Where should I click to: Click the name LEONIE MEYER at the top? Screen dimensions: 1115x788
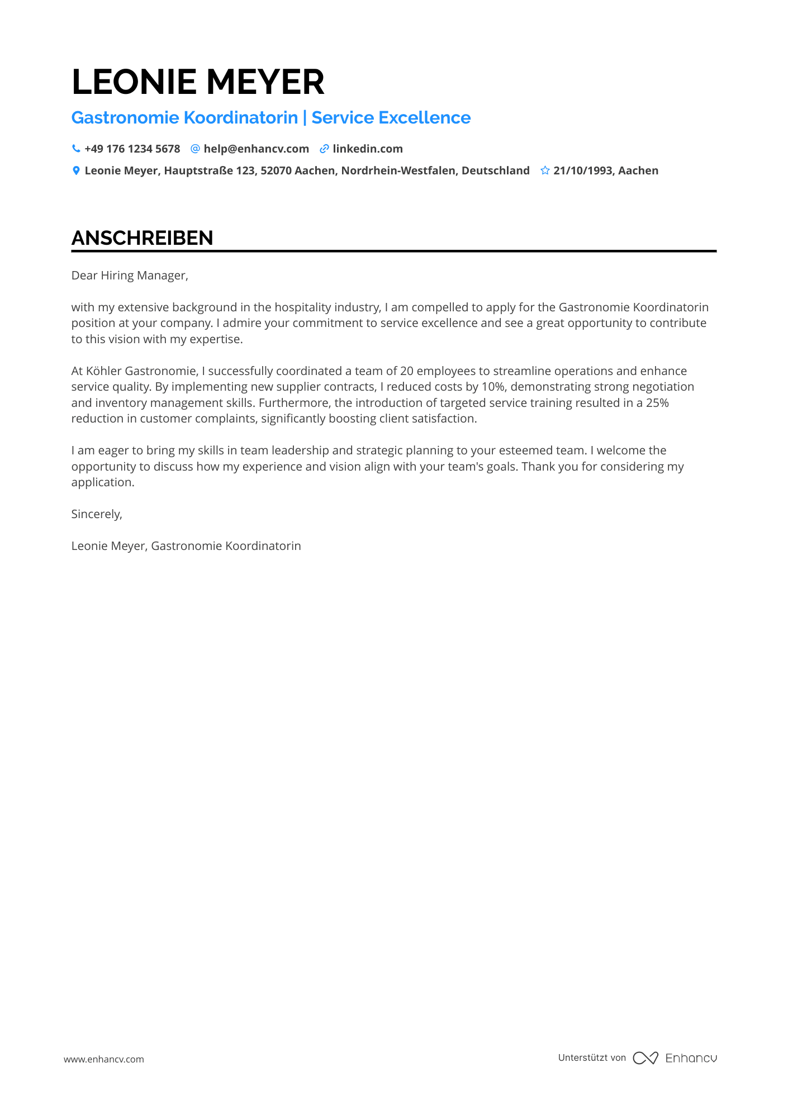click(x=198, y=82)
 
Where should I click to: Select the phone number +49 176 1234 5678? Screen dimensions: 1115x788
click(x=132, y=149)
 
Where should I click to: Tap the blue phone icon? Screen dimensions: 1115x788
click(x=76, y=149)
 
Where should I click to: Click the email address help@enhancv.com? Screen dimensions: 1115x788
click(x=256, y=149)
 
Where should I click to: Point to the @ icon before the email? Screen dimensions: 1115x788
click(x=195, y=149)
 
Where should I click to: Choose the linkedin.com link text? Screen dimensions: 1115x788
click(x=367, y=149)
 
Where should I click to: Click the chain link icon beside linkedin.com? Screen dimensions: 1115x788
click(x=324, y=149)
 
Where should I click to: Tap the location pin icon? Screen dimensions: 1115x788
click(x=76, y=170)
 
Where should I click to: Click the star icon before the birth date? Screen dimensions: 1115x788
click(x=545, y=170)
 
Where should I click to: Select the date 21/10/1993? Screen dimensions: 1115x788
click(x=583, y=170)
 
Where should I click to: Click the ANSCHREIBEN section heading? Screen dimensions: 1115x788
click(x=142, y=238)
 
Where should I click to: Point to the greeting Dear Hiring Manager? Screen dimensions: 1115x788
click(x=129, y=276)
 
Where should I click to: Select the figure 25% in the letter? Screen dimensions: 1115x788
click(x=657, y=403)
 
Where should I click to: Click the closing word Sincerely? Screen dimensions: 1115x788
click(x=96, y=514)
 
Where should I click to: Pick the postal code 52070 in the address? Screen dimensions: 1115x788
click(x=277, y=170)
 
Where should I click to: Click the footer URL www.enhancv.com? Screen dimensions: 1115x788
click(x=103, y=1059)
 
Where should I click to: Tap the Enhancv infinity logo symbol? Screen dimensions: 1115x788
click(x=645, y=1058)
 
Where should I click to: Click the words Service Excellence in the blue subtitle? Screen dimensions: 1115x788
click(x=391, y=118)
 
